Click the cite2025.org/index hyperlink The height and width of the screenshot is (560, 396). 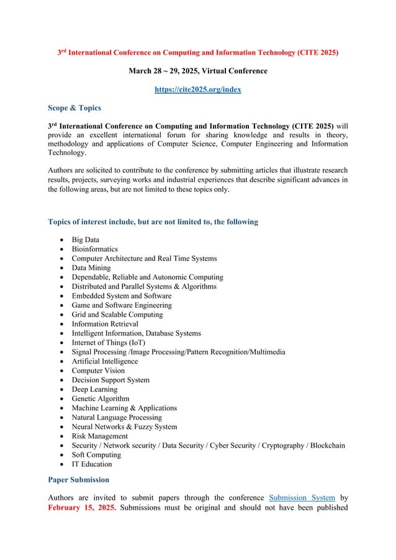(x=197, y=89)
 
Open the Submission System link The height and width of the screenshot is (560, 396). (x=302, y=498)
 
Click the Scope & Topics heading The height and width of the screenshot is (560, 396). (x=74, y=108)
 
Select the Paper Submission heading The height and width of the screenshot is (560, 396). (x=78, y=480)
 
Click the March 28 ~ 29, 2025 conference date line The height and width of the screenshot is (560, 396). (x=197, y=71)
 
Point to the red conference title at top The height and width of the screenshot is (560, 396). (x=197, y=53)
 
